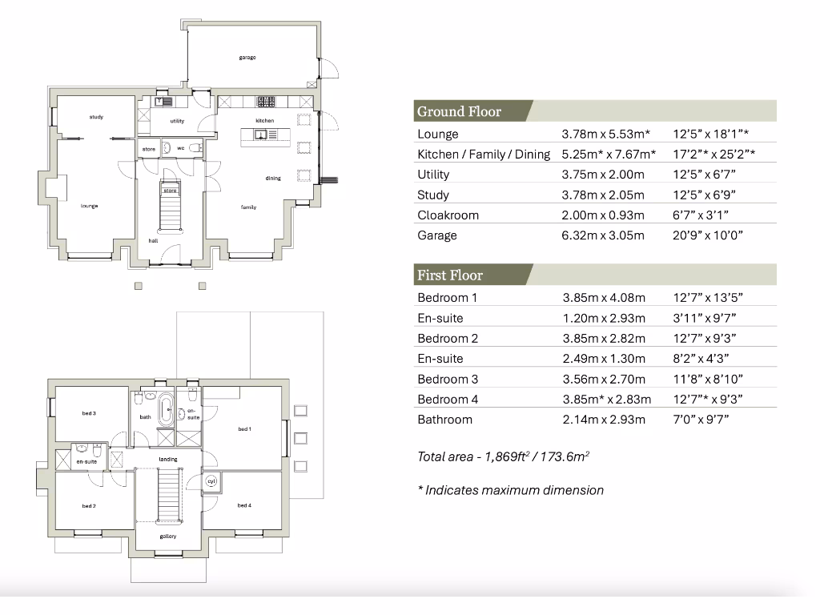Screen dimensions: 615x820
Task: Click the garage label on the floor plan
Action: click(247, 58)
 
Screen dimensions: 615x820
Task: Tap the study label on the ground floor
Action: click(96, 118)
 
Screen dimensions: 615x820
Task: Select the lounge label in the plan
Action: click(89, 207)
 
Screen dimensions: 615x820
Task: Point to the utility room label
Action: click(177, 122)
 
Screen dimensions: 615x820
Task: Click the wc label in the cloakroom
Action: click(181, 149)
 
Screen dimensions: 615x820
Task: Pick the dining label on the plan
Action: click(273, 179)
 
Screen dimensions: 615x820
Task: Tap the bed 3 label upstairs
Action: click(89, 413)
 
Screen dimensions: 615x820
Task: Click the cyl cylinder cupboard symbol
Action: click(211, 481)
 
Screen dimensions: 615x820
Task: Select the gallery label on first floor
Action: click(168, 536)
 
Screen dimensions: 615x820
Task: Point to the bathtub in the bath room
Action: click(166, 410)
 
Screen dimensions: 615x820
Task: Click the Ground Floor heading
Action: click(459, 111)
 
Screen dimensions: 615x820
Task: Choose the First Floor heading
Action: click(449, 275)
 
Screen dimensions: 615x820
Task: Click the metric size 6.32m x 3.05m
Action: click(603, 235)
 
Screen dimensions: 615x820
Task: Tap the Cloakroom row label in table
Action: click(448, 215)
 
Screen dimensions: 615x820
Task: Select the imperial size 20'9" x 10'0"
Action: click(708, 235)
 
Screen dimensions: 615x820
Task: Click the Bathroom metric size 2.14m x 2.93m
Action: click(603, 420)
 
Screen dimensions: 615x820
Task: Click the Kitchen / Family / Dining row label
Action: click(484, 155)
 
